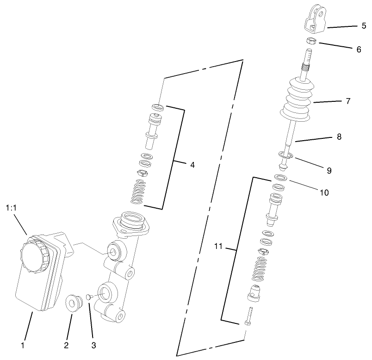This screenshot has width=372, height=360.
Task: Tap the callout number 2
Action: click(66, 345)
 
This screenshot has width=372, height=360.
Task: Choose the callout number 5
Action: click(363, 26)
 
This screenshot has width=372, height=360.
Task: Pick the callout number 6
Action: click(359, 49)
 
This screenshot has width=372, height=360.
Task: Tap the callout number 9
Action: click(329, 170)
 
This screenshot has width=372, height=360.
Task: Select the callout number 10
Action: click(324, 192)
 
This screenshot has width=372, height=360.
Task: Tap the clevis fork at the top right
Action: click(316, 21)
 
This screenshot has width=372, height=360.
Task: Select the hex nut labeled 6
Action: click(310, 42)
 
